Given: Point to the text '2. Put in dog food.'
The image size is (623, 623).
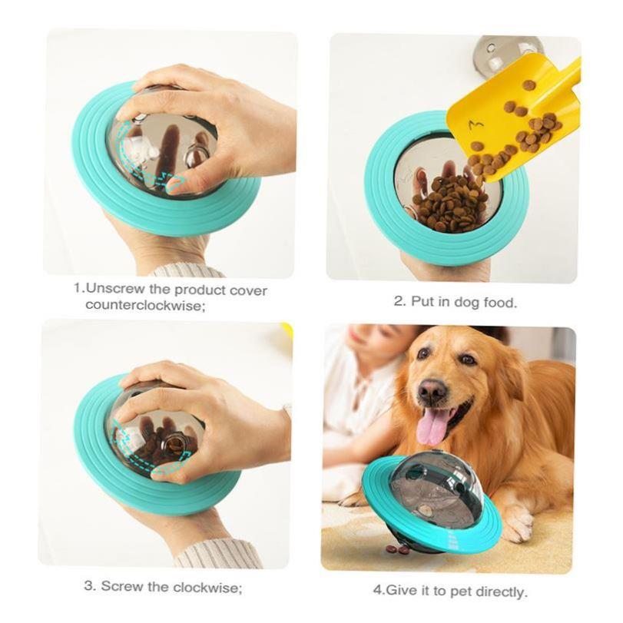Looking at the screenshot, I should coord(455,302).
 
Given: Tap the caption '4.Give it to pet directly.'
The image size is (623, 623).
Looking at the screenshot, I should coord(449,591).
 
